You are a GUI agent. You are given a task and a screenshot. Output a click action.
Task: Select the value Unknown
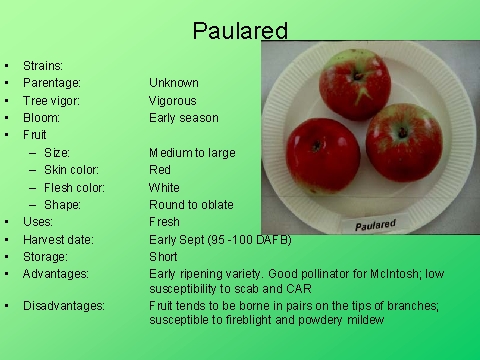pyautogui.click(x=174, y=83)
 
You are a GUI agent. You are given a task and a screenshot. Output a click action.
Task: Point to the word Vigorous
pyautogui.click(x=173, y=101)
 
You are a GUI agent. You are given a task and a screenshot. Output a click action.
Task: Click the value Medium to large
pyautogui.click(x=190, y=153)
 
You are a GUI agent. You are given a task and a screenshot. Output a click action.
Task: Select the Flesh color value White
pyautogui.click(x=164, y=187)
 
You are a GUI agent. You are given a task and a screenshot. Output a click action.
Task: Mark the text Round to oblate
pyautogui.click(x=189, y=205)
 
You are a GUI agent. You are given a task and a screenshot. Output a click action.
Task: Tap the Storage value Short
pyautogui.click(x=163, y=256)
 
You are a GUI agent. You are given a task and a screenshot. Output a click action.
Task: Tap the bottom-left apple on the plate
pyautogui.click(x=322, y=156)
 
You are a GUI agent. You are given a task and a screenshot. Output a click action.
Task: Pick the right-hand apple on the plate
pyautogui.click(x=403, y=141)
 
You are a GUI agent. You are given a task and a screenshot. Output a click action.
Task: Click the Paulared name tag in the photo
pyautogui.click(x=375, y=224)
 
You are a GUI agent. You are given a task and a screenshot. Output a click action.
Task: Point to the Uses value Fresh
pyautogui.click(x=164, y=222)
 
